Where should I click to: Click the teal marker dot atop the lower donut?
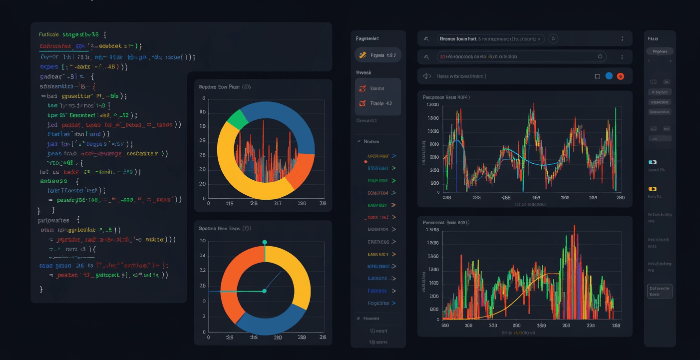coord(265,242)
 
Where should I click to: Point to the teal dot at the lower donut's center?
coord(264,291)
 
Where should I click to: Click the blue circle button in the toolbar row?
coord(609,76)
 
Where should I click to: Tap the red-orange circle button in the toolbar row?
coord(621,76)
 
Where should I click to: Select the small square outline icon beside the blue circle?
coord(597,76)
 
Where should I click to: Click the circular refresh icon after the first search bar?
coord(553,38)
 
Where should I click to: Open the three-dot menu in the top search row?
coord(622,38)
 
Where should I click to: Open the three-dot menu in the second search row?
coord(622,57)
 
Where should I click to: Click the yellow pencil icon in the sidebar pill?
coord(362,55)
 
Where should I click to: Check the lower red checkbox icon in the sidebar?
coord(362,104)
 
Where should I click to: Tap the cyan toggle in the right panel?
coord(652,162)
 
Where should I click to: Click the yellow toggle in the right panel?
coord(652,189)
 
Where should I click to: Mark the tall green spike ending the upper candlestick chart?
coord(616,150)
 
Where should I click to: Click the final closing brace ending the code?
coord(41,289)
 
